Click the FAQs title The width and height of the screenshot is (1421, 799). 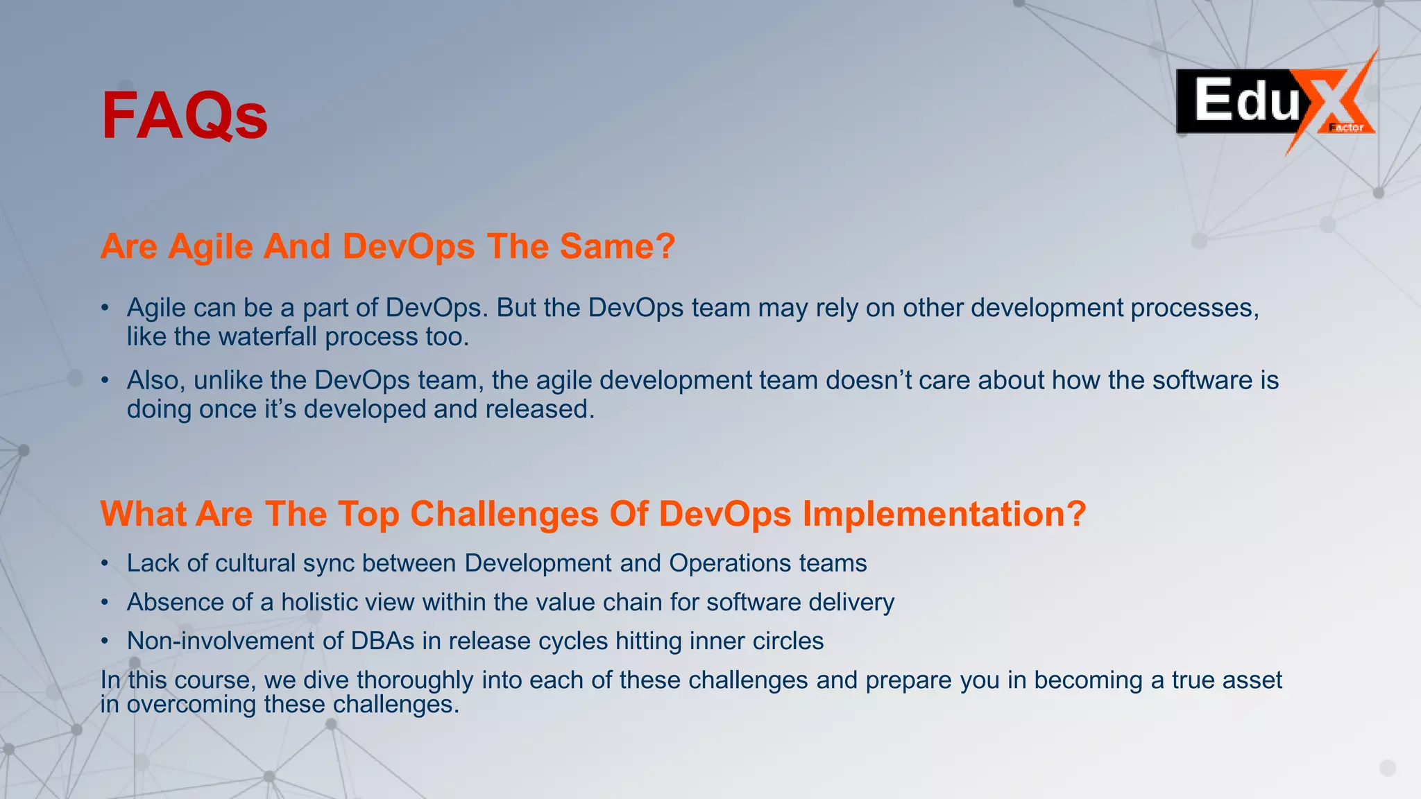click(185, 116)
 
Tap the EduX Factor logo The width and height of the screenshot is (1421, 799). click(1275, 102)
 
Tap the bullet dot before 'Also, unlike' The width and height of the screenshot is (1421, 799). click(105, 380)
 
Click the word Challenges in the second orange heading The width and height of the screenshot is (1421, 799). click(504, 515)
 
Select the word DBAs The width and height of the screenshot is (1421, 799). click(382, 641)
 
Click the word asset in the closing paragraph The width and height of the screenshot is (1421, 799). click(1252, 680)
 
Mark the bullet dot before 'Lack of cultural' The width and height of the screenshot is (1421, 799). click(105, 563)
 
